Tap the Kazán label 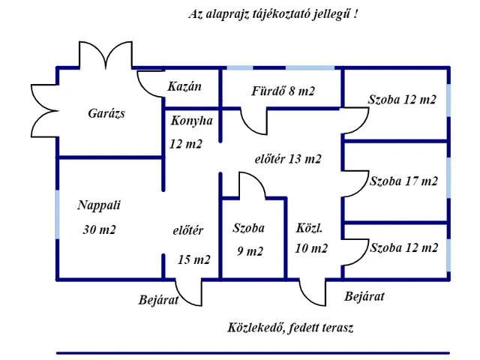184,86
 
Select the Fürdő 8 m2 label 283,91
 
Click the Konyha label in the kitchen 191,120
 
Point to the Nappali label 98,204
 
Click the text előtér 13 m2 288,158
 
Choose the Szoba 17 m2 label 403,181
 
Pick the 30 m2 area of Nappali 99,229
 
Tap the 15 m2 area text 194,259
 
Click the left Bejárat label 158,300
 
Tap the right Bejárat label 364,296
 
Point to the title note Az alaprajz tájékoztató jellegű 272,14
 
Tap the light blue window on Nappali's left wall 57,214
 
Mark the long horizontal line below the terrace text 253,352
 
